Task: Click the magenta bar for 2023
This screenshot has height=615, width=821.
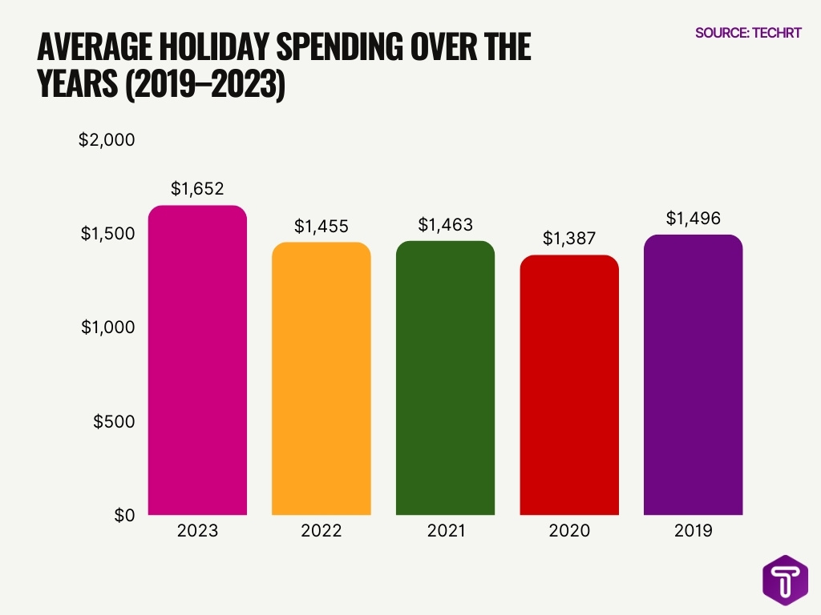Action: point(197,360)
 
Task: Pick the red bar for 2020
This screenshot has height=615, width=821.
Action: point(569,385)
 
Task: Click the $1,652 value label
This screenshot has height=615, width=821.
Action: point(197,189)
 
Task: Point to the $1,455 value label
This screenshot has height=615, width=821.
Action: point(322,226)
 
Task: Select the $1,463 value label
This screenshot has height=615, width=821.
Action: point(445,224)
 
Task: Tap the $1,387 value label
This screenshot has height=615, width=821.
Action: point(569,238)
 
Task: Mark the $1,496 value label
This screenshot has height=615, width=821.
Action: point(693,218)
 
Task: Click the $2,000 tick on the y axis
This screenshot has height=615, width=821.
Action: point(107,140)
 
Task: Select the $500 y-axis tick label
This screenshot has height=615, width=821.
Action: point(113,421)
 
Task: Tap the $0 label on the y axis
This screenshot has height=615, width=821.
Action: point(123,515)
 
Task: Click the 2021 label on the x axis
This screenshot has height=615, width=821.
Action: point(445,531)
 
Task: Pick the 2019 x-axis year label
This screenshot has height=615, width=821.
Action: point(693,531)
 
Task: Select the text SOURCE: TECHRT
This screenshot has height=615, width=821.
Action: point(748,34)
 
